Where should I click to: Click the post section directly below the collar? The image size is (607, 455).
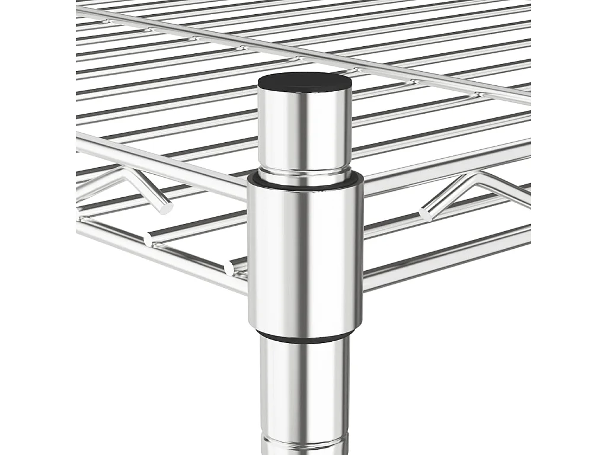tap(303, 385)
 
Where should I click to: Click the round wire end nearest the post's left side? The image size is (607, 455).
tap(229, 268)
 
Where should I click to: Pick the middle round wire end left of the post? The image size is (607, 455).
tap(148, 239)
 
